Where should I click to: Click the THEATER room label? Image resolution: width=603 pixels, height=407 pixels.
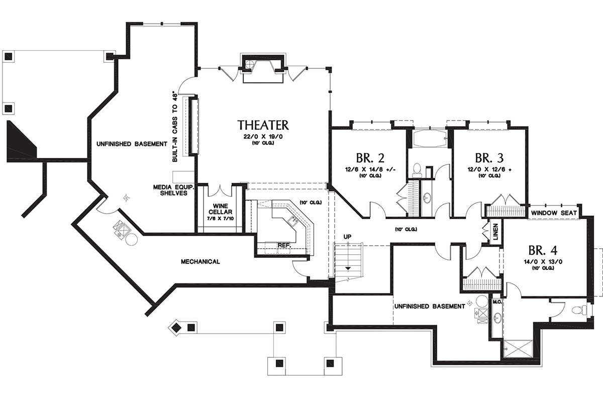pos(263,125)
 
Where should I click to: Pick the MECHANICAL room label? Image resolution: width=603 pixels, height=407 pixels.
pos(200,262)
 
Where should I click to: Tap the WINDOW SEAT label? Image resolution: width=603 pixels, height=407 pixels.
pos(553,213)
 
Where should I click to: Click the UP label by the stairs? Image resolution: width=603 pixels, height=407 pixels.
pos(347,236)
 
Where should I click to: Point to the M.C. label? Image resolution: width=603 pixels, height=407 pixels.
pos(496,301)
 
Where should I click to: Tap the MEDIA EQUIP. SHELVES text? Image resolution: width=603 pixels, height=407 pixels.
pos(170,189)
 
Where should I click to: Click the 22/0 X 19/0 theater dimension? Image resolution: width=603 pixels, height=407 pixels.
pos(263,137)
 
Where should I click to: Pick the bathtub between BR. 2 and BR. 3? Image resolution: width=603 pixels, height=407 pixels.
pos(430,138)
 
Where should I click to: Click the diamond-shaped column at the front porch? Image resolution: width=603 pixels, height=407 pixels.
pos(176,328)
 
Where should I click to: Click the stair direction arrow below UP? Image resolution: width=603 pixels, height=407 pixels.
pos(348,268)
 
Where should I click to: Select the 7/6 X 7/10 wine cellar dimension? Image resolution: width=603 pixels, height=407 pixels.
pos(220,219)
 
